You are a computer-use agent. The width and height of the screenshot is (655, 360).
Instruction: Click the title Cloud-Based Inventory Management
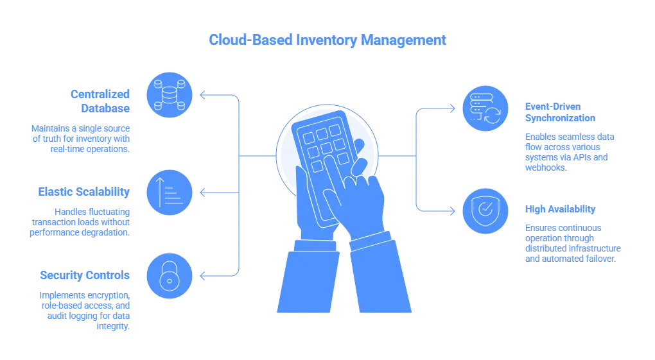[327, 40]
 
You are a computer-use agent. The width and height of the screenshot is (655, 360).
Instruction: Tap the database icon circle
[170, 94]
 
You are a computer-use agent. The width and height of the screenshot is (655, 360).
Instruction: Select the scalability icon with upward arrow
[170, 191]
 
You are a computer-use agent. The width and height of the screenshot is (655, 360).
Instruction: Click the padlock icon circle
[170, 277]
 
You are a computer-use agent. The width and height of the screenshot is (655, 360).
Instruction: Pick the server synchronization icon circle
[485, 108]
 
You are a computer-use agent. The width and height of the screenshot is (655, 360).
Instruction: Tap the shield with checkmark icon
[485, 210]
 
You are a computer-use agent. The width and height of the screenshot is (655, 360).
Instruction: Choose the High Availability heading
[559, 210]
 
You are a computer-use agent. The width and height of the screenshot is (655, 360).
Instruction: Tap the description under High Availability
[572, 243]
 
